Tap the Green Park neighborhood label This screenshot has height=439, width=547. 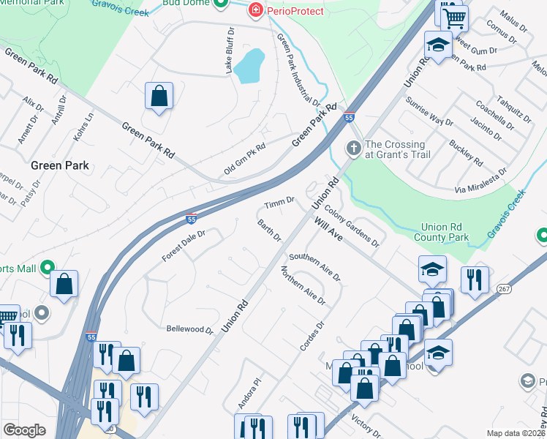tap(60, 165)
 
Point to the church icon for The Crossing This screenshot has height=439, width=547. tap(353, 149)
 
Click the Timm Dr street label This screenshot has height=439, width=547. tap(279, 200)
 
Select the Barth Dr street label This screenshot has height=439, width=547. tap(269, 230)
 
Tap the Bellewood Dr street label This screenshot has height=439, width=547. tap(189, 329)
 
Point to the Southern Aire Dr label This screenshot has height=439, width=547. tap(314, 267)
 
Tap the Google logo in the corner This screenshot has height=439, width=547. tap(24, 430)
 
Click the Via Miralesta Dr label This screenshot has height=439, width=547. tap(480, 180)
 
